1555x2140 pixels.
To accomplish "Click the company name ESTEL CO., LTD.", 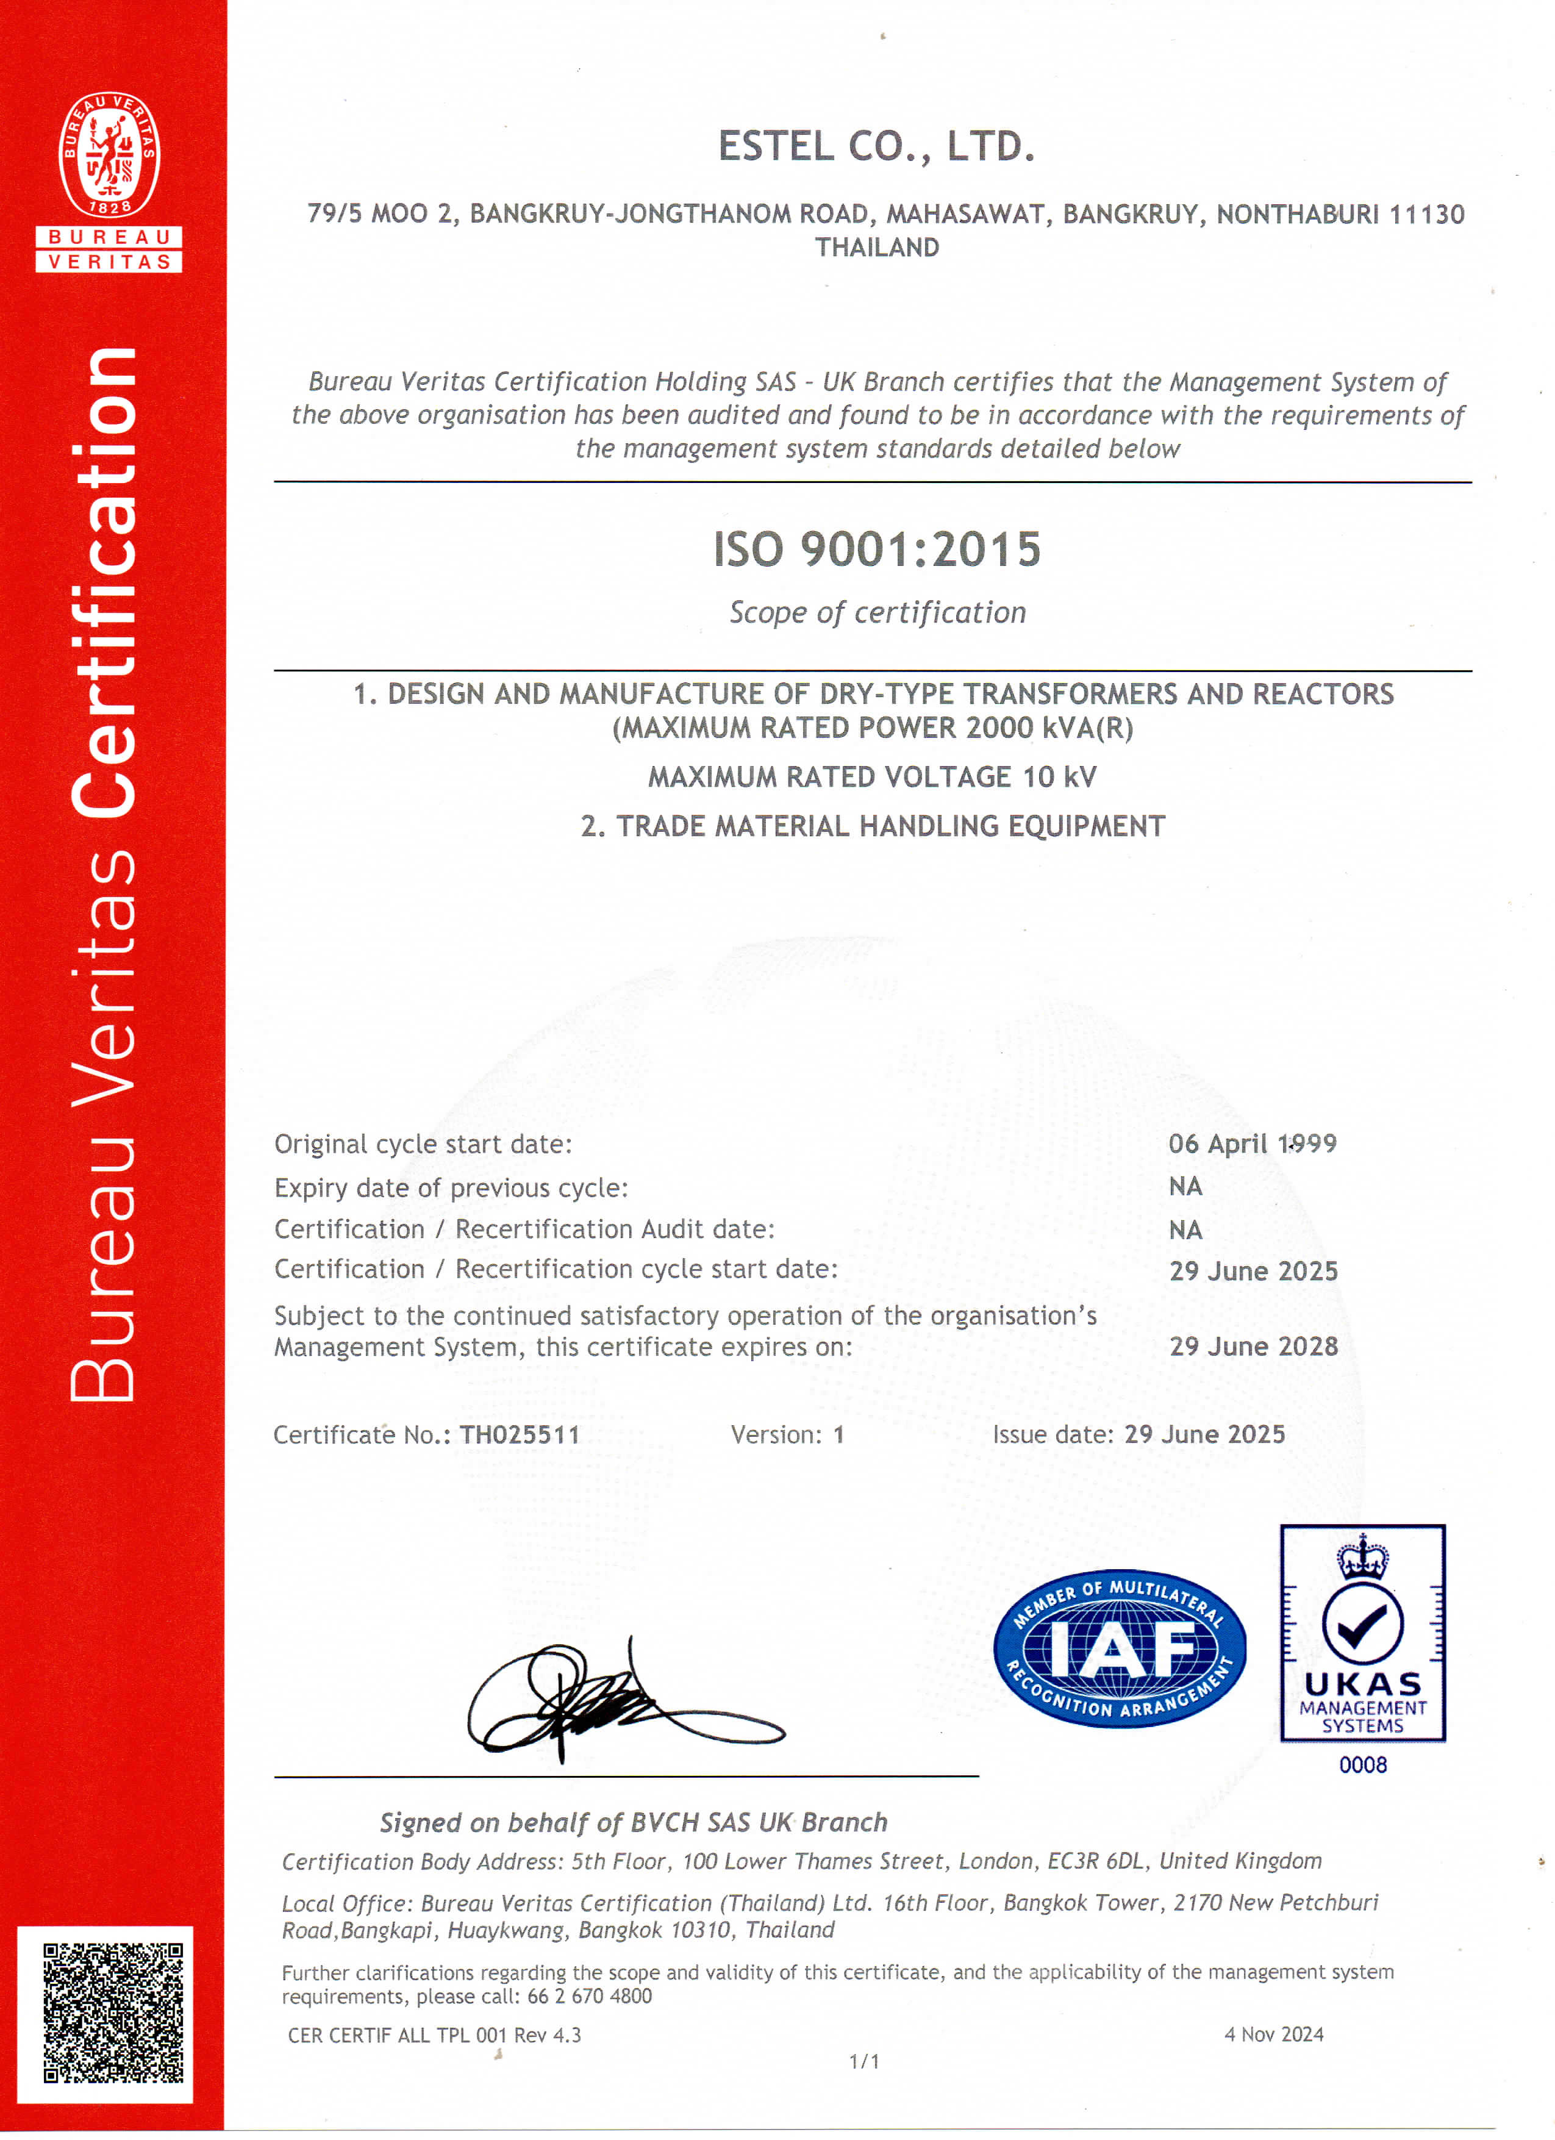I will tap(876, 146).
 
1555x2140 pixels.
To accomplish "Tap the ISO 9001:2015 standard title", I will tap(876, 549).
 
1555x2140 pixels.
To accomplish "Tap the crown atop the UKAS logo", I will tap(1362, 1558).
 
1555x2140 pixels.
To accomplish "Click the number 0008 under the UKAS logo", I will tap(1362, 1764).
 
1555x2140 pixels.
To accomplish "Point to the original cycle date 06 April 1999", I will tap(1252, 1143).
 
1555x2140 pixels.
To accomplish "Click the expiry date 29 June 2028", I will tap(1253, 1347).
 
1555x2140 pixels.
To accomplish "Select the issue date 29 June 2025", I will tap(1204, 1434).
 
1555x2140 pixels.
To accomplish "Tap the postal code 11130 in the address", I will tap(1427, 214).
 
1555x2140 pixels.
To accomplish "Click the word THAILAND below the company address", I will tap(876, 247).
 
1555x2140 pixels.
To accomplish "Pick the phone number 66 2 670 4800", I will tap(589, 1995).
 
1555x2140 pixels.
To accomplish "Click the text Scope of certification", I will tap(876, 612).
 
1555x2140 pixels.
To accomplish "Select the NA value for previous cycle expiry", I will tap(1185, 1186).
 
